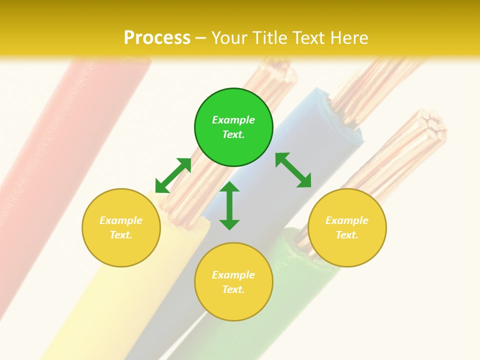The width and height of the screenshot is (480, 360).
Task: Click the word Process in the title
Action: point(157,38)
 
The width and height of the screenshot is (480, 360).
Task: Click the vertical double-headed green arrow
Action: point(229,205)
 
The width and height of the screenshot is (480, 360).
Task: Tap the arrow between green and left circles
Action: point(173,175)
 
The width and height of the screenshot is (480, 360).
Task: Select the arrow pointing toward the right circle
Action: point(293,170)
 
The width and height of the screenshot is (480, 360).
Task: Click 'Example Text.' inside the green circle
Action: point(233,127)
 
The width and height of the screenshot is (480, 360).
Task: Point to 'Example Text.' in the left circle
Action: point(121,227)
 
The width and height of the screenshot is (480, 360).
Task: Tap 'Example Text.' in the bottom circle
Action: point(233,282)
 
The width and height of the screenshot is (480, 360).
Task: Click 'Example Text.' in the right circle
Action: point(347,227)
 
